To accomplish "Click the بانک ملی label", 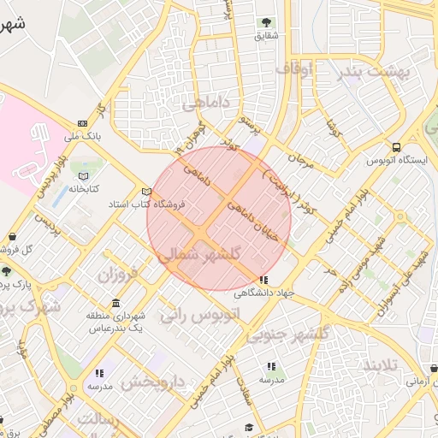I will (x=82, y=135).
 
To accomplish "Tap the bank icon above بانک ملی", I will (x=82, y=123).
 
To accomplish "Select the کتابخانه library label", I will (x=85, y=187).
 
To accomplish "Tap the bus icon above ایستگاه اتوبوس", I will (x=395, y=147).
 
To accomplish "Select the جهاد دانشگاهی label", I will (x=265, y=293).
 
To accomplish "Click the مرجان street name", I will (x=301, y=157).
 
